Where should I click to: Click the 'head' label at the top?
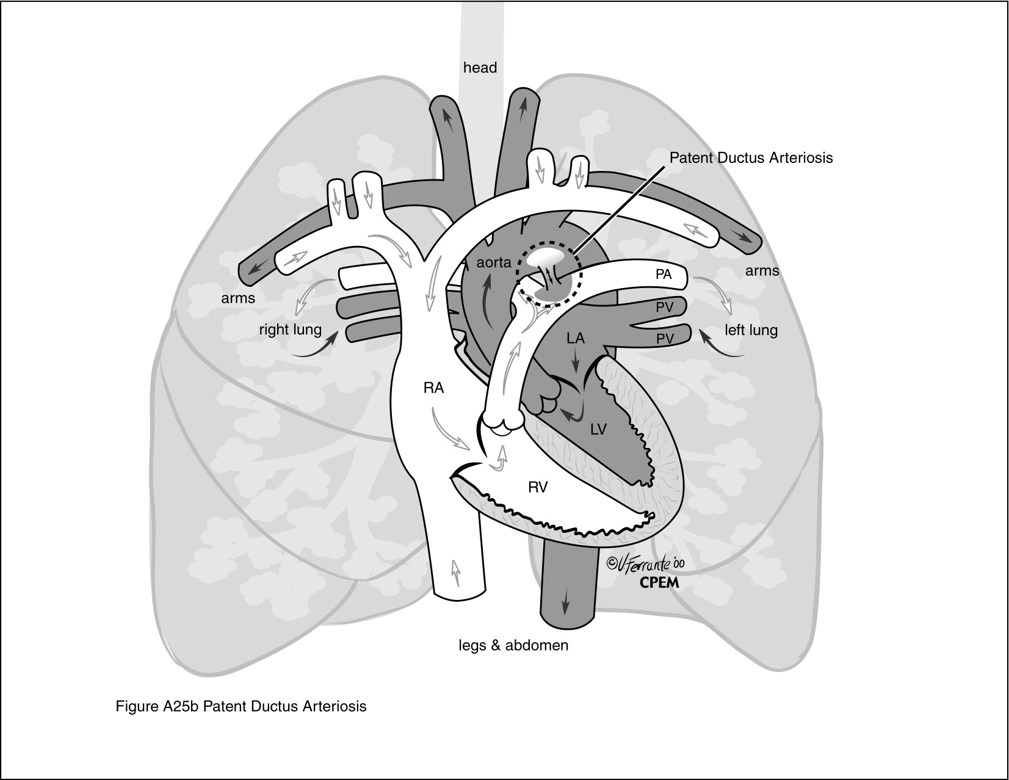(480, 68)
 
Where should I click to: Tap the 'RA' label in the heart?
(433, 388)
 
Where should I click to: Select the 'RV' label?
(538, 487)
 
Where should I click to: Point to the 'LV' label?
(598, 430)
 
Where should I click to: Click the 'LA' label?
(575, 338)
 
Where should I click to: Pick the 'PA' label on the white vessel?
(664, 275)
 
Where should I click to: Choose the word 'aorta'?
(493, 263)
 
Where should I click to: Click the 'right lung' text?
(290, 330)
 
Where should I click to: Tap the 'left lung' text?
(751, 331)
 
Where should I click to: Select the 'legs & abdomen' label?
(513, 645)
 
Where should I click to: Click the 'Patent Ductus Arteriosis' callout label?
(751, 157)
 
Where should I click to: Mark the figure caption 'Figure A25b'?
(241, 706)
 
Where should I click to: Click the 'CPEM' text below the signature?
(659, 582)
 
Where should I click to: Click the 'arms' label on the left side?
(238, 298)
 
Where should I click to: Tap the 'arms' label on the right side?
(762, 270)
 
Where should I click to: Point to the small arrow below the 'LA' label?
(575, 362)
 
